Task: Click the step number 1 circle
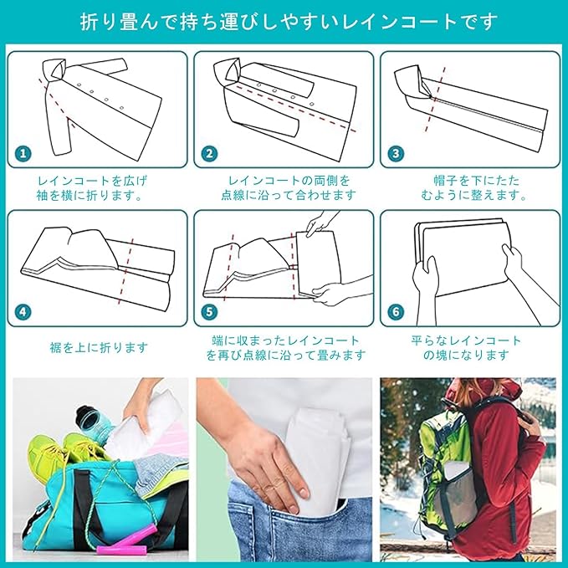pyautogui.click(x=23, y=153)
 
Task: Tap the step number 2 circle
pyautogui.click(x=209, y=153)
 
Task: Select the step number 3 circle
pyautogui.click(x=396, y=153)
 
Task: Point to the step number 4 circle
pyautogui.click(x=23, y=311)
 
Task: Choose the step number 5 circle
pyautogui.click(x=209, y=311)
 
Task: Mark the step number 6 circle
pyautogui.click(x=396, y=311)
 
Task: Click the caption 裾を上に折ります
pyautogui.click(x=99, y=348)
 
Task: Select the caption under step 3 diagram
pyautogui.click(x=474, y=188)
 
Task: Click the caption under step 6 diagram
pyautogui.click(x=467, y=348)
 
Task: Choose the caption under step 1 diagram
pyautogui.click(x=91, y=188)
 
